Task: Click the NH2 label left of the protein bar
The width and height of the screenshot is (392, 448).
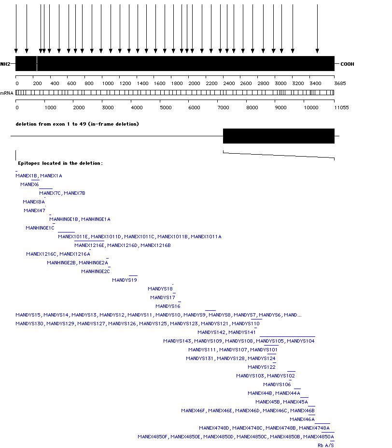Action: point(5,64)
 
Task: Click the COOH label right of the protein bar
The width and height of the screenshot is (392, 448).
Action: point(347,64)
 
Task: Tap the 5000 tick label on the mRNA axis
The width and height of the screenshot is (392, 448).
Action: point(166,107)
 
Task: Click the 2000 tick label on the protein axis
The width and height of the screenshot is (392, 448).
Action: point(195,84)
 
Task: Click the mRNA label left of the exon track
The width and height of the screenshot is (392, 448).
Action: point(7,92)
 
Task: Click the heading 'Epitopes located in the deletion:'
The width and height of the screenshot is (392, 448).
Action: point(60,163)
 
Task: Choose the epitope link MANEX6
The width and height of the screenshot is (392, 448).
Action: point(29,185)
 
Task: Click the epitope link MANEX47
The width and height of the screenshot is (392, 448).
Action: point(34,211)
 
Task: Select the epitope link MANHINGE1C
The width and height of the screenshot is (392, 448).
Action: point(40,228)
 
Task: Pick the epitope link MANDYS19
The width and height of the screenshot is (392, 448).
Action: point(125,280)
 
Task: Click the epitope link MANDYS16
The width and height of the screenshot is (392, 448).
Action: point(168,306)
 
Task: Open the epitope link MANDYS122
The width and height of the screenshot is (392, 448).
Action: point(262,367)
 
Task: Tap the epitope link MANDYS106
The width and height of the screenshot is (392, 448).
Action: point(277,385)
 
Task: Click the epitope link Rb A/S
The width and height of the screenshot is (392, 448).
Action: point(326,446)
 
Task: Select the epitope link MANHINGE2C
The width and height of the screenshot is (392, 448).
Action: point(96,272)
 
